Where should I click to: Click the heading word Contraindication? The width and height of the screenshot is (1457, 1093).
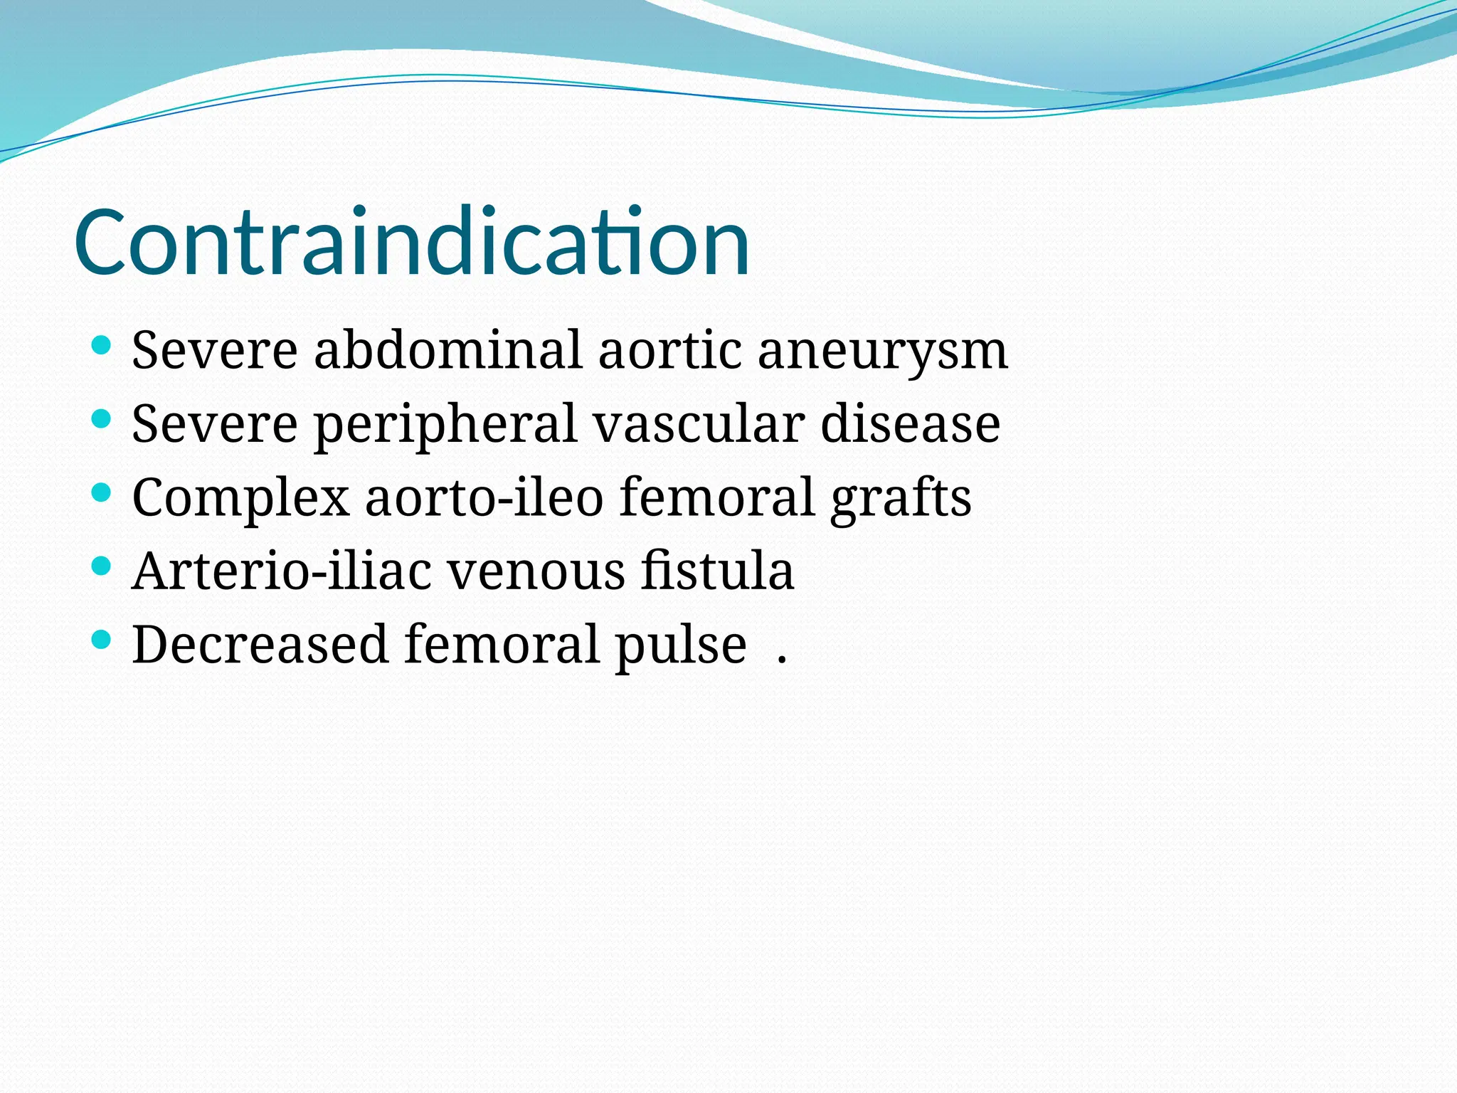pos(411,242)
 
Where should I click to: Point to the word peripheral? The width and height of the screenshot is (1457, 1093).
pos(445,424)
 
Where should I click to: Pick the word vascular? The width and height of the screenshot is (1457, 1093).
pos(699,424)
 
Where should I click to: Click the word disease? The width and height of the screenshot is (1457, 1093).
pos(910,424)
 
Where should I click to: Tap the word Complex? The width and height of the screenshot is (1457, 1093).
pos(240,498)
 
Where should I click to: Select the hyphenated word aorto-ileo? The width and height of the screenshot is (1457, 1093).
pos(484,498)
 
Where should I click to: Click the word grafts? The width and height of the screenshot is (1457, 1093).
pos(901,498)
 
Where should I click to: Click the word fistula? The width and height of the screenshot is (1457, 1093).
pos(716,571)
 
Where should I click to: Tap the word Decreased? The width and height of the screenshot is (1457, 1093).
pos(260,645)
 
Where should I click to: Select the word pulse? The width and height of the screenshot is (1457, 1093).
pos(680,645)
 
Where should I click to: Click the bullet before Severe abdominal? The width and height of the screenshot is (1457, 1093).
pos(102,346)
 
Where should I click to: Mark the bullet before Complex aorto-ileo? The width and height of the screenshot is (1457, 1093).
pos(102,492)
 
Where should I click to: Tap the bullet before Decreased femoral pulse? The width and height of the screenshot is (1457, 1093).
pos(102,639)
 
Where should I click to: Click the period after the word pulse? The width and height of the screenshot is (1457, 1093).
pos(782,660)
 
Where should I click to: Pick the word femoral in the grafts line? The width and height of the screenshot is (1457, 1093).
pos(716,498)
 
